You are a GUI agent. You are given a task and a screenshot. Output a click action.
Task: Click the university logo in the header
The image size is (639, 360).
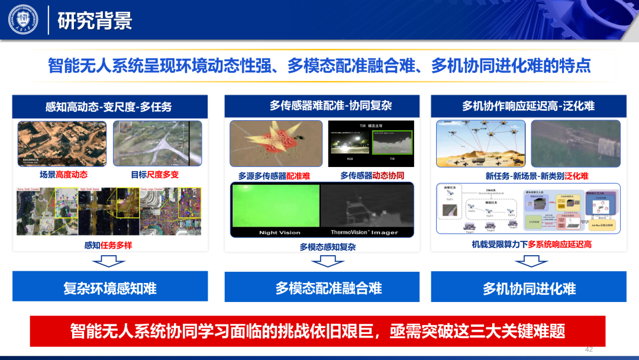click(22, 20)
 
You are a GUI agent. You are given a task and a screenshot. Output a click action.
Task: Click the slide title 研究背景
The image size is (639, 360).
click(95, 21)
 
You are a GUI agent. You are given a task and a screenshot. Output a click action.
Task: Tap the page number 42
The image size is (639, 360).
click(588, 348)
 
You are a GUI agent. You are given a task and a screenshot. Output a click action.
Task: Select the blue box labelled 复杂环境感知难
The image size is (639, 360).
click(110, 288)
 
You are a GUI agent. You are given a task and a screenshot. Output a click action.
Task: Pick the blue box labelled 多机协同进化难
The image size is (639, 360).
click(528, 288)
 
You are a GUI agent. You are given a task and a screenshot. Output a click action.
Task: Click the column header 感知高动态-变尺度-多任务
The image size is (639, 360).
click(110, 107)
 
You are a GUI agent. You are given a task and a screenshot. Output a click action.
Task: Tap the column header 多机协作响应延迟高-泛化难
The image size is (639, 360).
click(528, 106)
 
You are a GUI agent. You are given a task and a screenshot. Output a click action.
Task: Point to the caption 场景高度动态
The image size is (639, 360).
click(63, 175)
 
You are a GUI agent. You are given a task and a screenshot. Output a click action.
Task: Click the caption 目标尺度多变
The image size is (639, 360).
click(154, 175)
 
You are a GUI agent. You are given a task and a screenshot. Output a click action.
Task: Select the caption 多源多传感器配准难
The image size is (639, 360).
click(274, 176)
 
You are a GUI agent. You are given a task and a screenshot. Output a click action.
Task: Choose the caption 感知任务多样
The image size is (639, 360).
click(108, 245)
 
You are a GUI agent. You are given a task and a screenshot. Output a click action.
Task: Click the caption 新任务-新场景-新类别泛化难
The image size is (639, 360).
click(528, 176)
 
